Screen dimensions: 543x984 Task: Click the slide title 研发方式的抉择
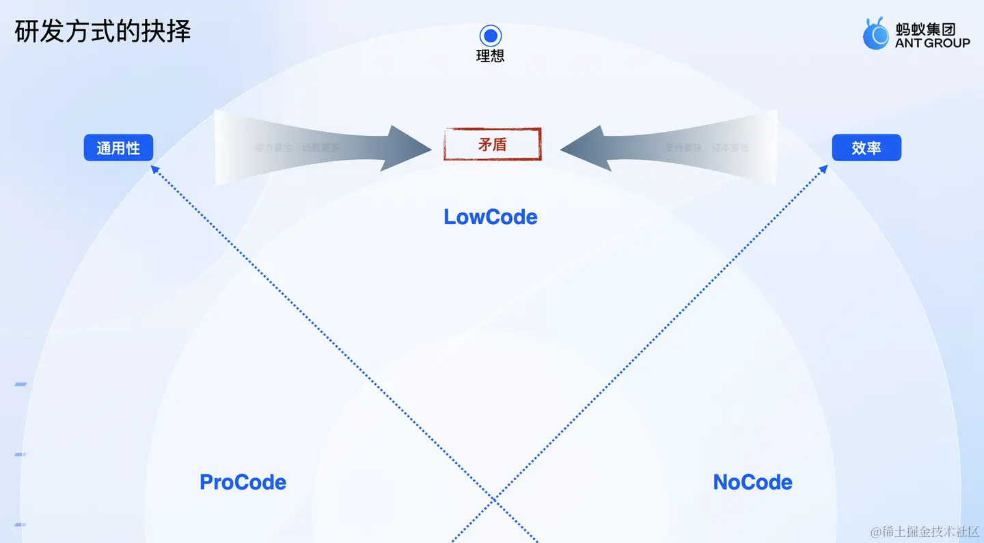[x=102, y=32]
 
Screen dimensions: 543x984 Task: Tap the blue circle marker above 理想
[x=491, y=36]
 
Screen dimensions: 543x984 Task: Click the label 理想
[x=491, y=56]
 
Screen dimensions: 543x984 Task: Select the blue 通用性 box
[x=118, y=148]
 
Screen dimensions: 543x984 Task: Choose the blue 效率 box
[x=866, y=148]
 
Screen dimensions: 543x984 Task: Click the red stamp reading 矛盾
[x=492, y=144]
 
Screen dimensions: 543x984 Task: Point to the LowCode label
[x=491, y=217]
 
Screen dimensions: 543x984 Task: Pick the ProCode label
[x=243, y=482]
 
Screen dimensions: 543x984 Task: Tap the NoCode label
[x=752, y=482]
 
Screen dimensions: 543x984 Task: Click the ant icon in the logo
[x=875, y=34]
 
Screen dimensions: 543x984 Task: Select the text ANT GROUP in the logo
[x=932, y=43]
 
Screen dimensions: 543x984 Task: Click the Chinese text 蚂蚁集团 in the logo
[x=925, y=29]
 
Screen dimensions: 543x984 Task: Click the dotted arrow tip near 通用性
[x=154, y=168]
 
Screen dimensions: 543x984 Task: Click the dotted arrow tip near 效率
[x=824, y=168]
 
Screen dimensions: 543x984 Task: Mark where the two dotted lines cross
[x=494, y=501]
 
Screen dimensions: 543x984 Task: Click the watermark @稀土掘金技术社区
[x=925, y=531]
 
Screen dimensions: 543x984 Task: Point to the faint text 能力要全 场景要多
[x=297, y=147]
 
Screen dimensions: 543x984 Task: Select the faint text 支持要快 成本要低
[x=707, y=147]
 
